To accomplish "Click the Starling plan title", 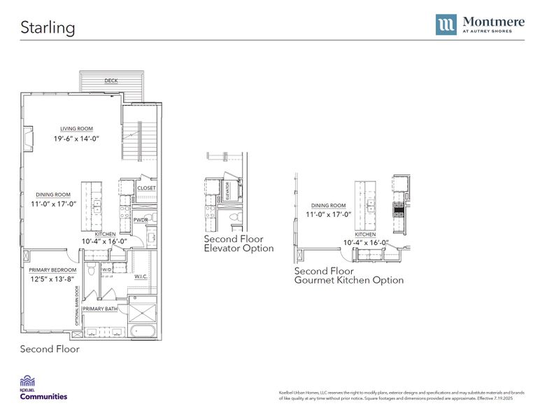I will (x=48, y=27).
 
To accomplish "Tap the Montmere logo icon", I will (x=446, y=24).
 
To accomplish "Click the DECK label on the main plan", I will (x=111, y=80).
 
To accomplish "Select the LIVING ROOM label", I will (x=76, y=129).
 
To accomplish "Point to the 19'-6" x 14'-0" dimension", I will (x=76, y=139).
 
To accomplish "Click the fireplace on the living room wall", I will (x=27, y=139).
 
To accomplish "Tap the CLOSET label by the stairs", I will (x=146, y=188).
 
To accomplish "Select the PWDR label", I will (x=140, y=220).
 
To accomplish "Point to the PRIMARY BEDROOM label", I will (x=52, y=269).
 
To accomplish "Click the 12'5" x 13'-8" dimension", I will (x=52, y=279).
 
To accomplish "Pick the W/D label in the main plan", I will (x=106, y=269).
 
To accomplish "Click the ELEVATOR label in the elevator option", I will (x=227, y=192).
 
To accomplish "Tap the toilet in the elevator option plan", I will (x=235, y=218).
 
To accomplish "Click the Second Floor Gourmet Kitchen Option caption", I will (x=348, y=275).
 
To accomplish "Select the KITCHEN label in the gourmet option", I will (x=365, y=234).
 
